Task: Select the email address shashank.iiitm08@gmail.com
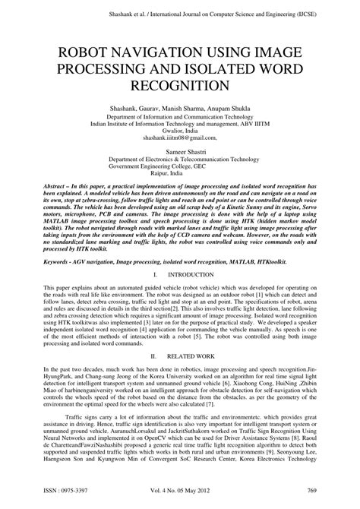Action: (179, 138)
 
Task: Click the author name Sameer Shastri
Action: (179, 153)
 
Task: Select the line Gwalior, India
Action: (179, 131)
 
